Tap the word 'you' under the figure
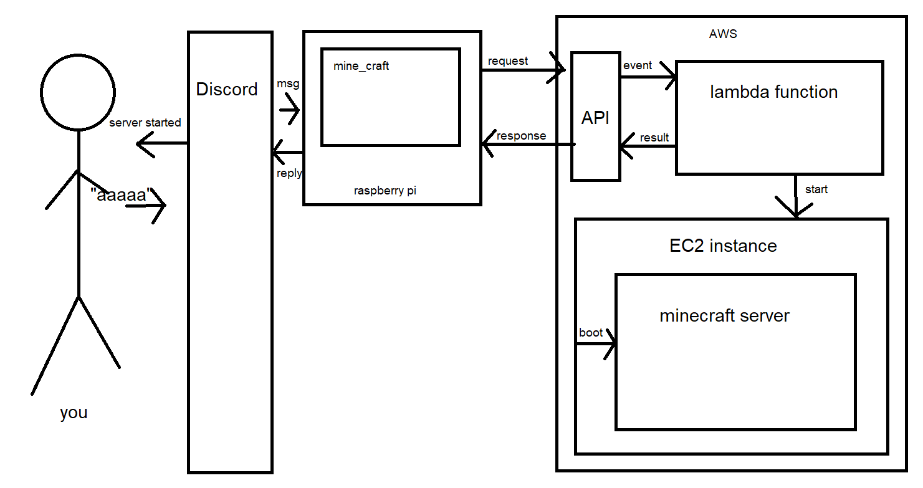74,413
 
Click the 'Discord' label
227,89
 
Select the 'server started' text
145,123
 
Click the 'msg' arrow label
288,84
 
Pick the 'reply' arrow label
289,173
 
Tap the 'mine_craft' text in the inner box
361,65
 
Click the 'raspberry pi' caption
385,191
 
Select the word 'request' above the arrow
508,60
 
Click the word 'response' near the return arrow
521,136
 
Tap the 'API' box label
595,118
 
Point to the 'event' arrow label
638,65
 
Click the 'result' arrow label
654,138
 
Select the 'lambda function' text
773,92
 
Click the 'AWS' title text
723,34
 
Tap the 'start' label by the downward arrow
816,189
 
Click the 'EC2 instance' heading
723,246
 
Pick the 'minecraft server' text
724,316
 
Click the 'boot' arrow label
591,332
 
